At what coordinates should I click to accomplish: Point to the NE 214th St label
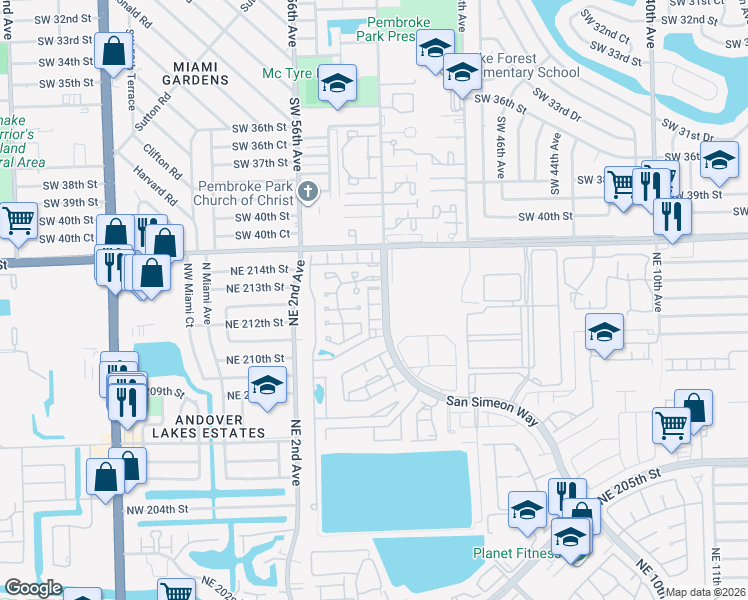point(257,270)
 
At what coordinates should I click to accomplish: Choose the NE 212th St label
point(255,324)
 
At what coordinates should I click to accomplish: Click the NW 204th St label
point(157,509)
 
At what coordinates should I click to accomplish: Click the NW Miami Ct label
point(187,295)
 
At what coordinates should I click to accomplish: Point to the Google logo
point(33,588)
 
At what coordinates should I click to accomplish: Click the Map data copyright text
point(705,592)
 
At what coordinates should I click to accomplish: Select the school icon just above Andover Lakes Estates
point(267,385)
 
